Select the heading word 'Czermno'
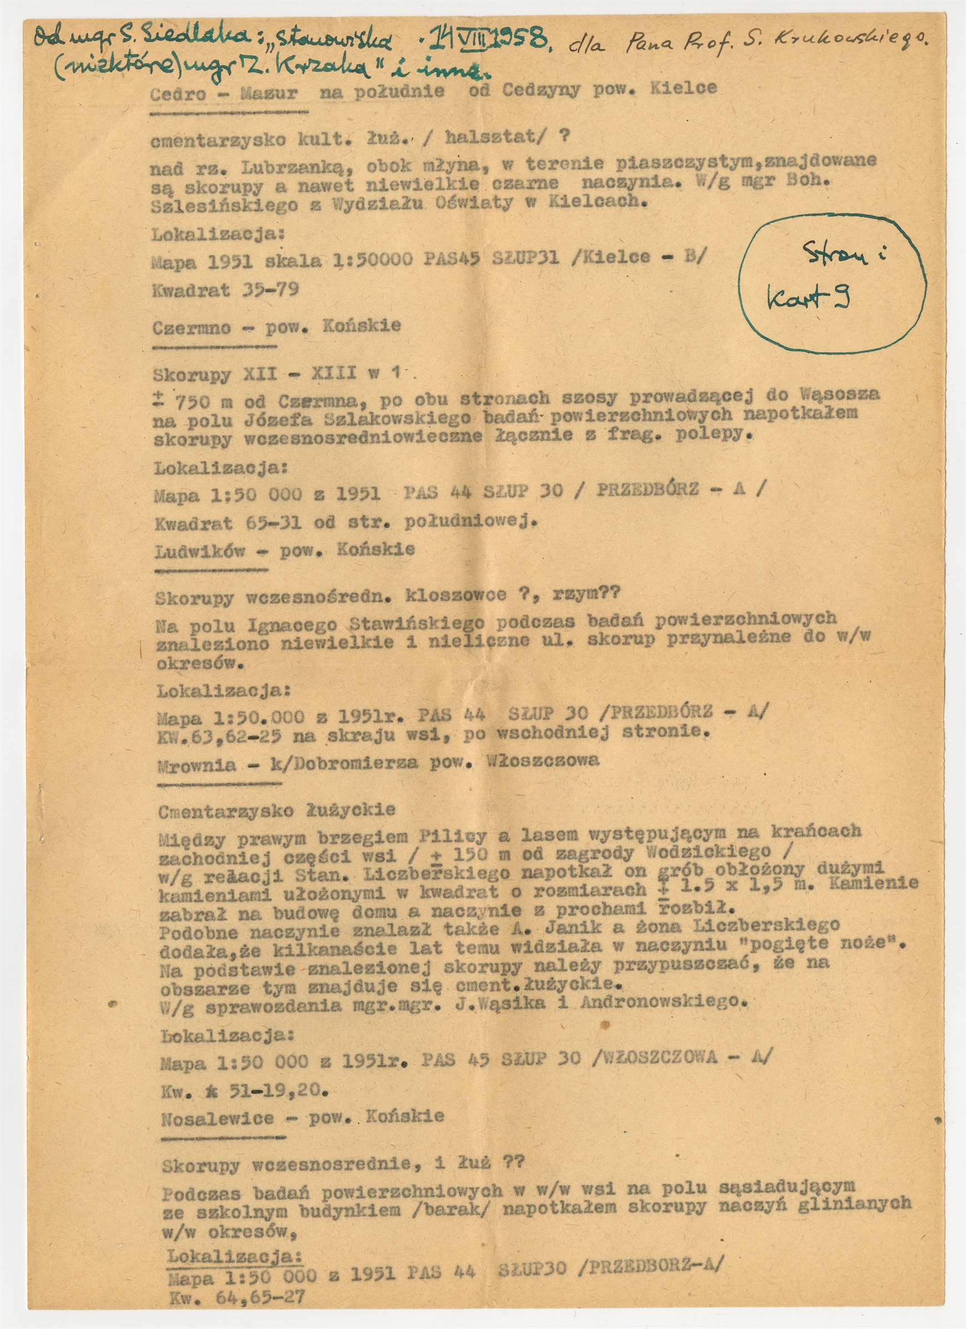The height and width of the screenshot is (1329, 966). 191,328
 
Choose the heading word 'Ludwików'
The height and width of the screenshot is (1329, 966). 199,551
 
